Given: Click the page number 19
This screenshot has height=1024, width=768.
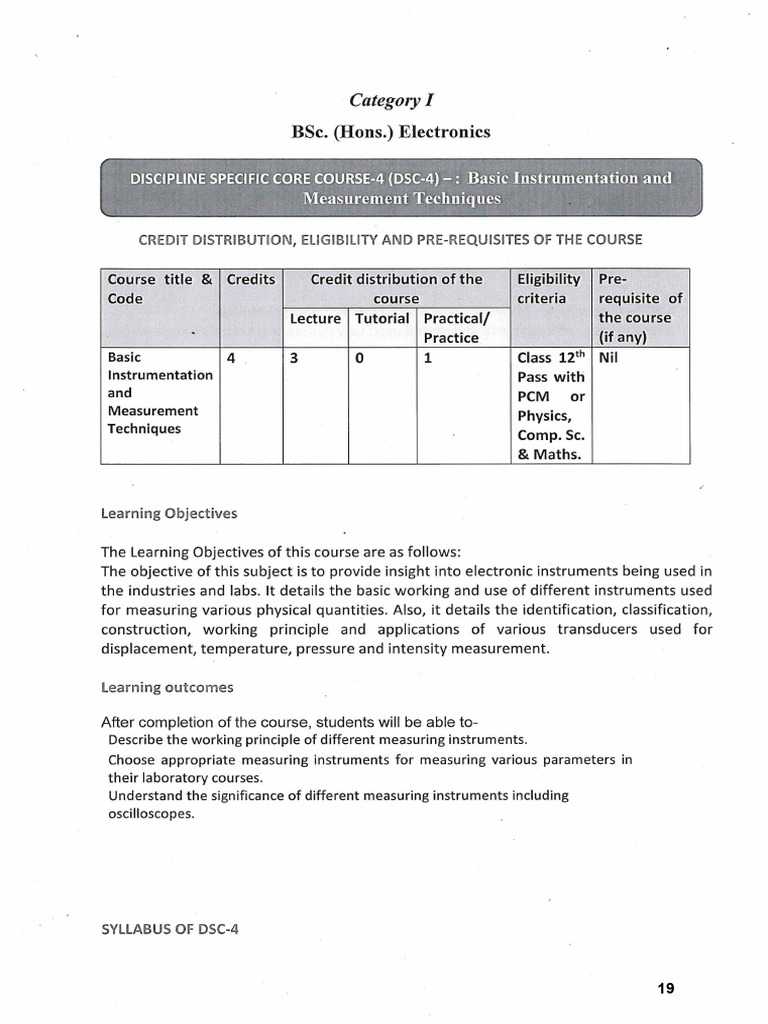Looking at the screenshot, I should click(x=666, y=989).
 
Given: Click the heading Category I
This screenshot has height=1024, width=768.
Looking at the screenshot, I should click(x=392, y=100).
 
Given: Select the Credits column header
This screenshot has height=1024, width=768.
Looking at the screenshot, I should click(x=250, y=279).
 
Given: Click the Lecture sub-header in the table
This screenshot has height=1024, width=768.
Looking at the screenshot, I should click(x=315, y=318).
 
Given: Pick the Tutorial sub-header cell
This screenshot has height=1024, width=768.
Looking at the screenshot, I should click(x=382, y=318).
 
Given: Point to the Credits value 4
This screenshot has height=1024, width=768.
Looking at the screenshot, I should click(x=231, y=357).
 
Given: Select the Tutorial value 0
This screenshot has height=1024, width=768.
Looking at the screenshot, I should click(x=358, y=357).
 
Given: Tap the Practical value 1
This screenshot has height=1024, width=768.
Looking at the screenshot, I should click(x=428, y=357).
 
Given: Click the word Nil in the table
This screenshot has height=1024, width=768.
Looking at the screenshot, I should click(x=609, y=357).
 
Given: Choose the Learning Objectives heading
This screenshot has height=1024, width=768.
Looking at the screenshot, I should click(x=169, y=513).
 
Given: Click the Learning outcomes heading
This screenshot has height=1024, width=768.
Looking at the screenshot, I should click(x=167, y=687).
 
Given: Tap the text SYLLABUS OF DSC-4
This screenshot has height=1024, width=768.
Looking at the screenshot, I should click(x=170, y=927).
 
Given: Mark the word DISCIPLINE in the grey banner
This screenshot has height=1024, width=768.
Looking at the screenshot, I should click(x=170, y=179).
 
